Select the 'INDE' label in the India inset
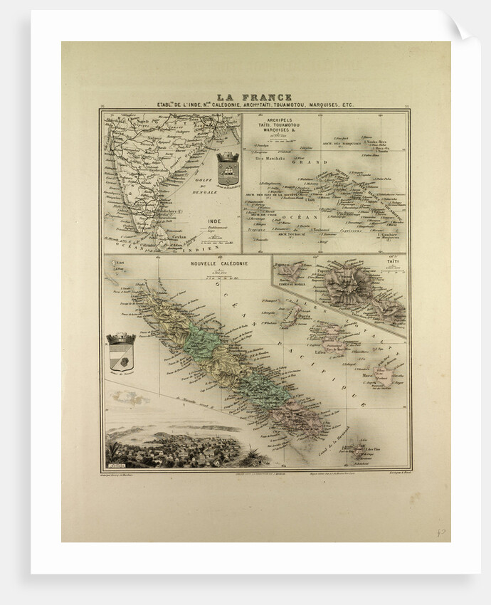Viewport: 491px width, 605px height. click(x=213, y=221)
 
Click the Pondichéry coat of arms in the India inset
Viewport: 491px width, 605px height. click(x=228, y=168)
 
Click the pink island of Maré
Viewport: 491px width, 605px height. click(x=385, y=377)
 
